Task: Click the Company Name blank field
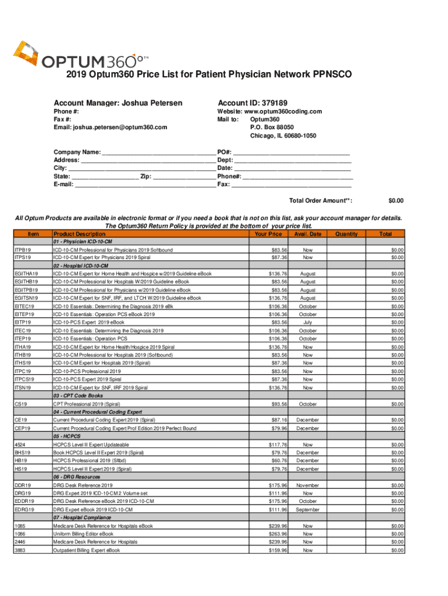pyautogui.click(x=158, y=151)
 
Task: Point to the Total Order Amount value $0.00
pyautogui.click(x=396, y=201)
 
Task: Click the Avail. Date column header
pyautogui.click(x=308, y=234)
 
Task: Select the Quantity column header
pyautogui.click(x=346, y=234)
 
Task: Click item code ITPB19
pyautogui.click(x=23, y=250)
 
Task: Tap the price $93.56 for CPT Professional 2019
pyautogui.click(x=277, y=404)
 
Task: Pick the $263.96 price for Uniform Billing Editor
pyautogui.click(x=277, y=534)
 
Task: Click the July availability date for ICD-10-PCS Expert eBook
pyautogui.click(x=308, y=322)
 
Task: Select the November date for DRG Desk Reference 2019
pyautogui.click(x=308, y=485)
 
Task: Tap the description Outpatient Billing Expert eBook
pyautogui.click(x=87, y=550)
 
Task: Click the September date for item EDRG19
pyautogui.click(x=308, y=509)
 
